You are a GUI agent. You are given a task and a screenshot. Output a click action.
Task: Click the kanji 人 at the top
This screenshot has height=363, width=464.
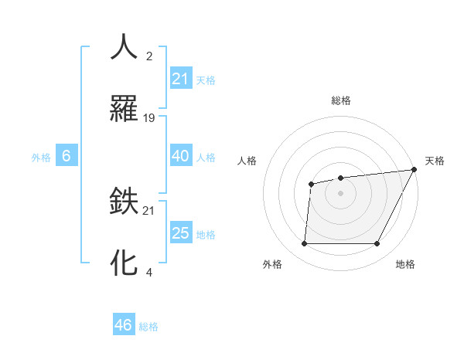(x=124, y=47)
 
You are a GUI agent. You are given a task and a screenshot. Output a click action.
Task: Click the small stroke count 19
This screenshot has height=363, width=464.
(x=149, y=118)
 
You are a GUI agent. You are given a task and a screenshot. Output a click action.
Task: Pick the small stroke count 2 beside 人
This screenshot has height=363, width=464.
(x=148, y=56)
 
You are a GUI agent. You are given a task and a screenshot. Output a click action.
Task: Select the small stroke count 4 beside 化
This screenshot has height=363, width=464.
(x=148, y=272)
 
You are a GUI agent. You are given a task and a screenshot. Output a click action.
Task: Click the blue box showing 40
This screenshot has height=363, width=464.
(x=180, y=156)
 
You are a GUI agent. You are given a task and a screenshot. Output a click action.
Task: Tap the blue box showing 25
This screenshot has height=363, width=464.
(x=181, y=233)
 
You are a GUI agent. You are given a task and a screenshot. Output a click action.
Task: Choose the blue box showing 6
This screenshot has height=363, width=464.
(x=67, y=156)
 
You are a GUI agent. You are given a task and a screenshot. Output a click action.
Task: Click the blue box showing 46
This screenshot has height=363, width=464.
(x=124, y=325)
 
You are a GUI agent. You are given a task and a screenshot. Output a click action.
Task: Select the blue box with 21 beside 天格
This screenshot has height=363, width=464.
(x=181, y=79)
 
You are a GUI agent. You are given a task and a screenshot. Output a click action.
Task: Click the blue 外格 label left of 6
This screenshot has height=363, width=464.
(x=41, y=157)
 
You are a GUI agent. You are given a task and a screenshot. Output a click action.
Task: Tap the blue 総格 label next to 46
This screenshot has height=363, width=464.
(x=148, y=326)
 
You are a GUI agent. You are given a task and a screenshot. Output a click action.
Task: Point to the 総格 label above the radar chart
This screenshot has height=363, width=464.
(x=340, y=101)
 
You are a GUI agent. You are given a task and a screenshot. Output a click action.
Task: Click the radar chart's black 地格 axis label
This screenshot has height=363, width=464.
(x=405, y=264)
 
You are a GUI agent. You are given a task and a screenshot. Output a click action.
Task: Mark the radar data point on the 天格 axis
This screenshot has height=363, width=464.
(x=414, y=169)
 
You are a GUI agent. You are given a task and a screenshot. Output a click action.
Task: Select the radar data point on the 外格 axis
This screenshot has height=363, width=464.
(x=304, y=244)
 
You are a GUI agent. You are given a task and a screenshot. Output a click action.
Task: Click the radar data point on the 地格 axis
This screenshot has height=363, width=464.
(x=377, y=244)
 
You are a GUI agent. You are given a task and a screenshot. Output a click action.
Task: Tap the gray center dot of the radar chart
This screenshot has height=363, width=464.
(x=340, y=192)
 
